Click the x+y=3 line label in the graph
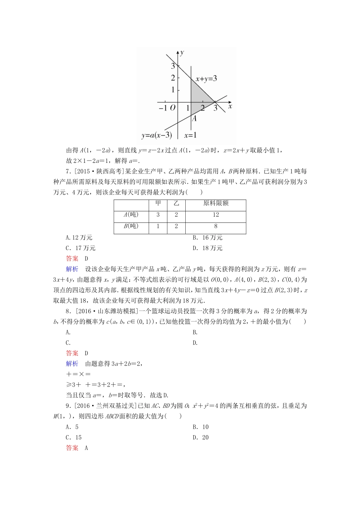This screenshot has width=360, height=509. [x=206, y=79]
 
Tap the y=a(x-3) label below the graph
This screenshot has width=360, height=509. [x=157, y=135]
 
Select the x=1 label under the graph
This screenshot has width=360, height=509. [x=190, y=135]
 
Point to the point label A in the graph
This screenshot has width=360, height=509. [x=194, y=118]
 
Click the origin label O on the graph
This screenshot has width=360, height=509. [x=173, y=108]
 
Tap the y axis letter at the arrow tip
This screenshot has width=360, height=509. [x=182, y=52]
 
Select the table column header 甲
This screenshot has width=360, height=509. [x=158, y=203]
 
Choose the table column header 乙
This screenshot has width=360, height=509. [x=176, y=203]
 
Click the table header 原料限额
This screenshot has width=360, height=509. [x=216, y=203]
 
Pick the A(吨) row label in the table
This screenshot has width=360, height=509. [x=131, y=215]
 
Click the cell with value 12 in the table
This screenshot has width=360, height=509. [x=216, y=215]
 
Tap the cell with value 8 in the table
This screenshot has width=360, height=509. [x=216, y=226]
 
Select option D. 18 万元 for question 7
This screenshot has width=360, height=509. [x=207, y=248]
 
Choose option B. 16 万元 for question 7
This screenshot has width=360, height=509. [x=207, y=237]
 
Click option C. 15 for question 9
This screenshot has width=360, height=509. [x=74, y=437]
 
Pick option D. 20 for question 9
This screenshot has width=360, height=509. [x=200, y=437]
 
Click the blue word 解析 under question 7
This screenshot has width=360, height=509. [x=72, y=269]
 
